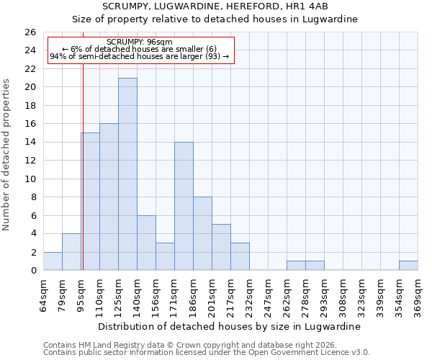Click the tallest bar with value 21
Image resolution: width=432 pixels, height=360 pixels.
127,174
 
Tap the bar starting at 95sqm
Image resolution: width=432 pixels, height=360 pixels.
90,202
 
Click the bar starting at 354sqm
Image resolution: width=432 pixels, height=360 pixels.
408,266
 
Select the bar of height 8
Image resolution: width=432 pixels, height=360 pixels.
202,233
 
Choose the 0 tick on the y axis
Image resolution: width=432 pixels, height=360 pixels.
33,271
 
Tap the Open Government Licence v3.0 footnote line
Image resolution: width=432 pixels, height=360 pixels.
207,352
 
